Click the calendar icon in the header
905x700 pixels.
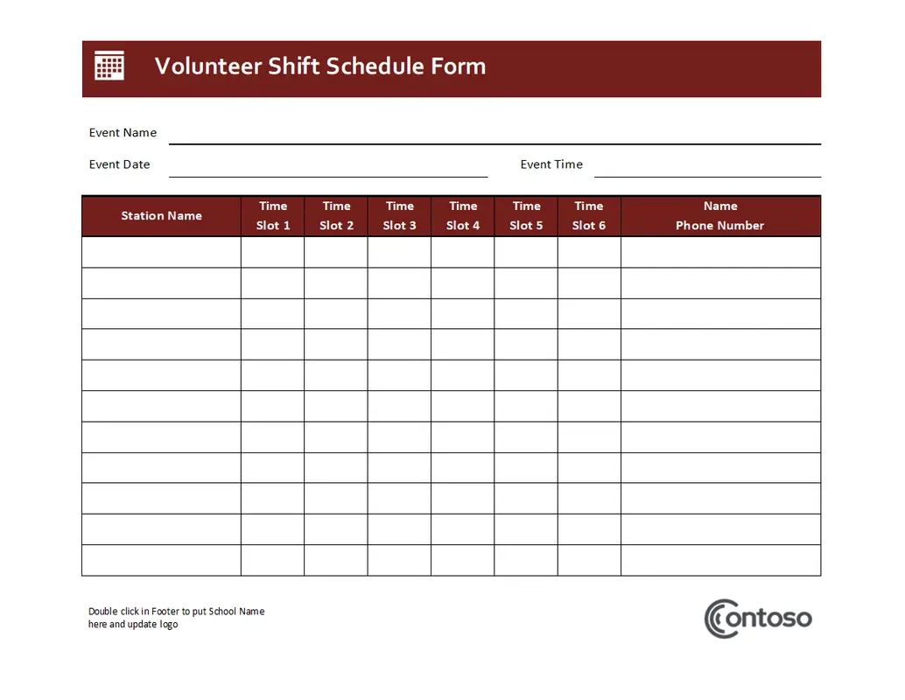click(109, 66)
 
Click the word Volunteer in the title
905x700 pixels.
click(207, 66)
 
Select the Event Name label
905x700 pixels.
click(123, 133)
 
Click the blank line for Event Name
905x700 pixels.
click(495, 138)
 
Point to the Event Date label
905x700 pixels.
click(119, 164)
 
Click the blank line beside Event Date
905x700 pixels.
click(328, 171)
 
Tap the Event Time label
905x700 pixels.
click(551, 164)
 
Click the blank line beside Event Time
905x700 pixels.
click(707, 171)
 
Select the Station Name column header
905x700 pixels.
click(161, 216)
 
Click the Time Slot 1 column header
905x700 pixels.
click(273, 216)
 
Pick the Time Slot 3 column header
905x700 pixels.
click(399, 216)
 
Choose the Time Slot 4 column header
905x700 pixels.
click(463, 216)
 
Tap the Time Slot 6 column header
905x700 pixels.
click(589, 216)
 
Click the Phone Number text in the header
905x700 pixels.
click(719, 226)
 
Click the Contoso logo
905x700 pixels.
click(758, 619)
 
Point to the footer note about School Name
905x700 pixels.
click(176, 618)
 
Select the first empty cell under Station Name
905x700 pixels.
click(161, 252)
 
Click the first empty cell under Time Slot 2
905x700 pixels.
click(336, 252)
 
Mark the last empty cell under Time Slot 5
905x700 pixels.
click(526, 560)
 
